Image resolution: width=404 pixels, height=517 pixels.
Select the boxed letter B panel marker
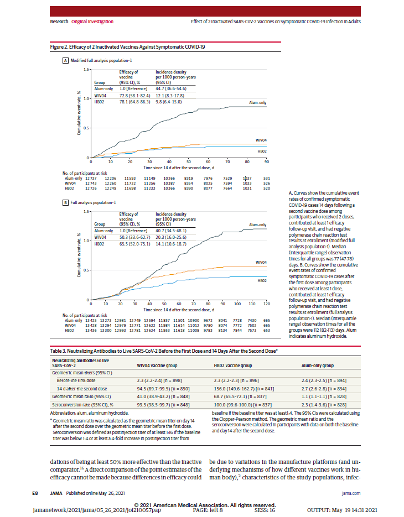coord(65,203)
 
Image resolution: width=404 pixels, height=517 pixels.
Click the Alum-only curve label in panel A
coord(257,102)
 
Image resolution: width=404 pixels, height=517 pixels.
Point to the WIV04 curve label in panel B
coord(261,262)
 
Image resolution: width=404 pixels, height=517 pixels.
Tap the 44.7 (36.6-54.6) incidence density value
coord(175,88)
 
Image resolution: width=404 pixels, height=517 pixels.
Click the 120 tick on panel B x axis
coord(266,304)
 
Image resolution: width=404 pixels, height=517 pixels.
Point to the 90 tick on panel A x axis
coord(266,162)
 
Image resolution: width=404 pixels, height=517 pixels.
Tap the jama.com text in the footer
coord(351,492)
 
